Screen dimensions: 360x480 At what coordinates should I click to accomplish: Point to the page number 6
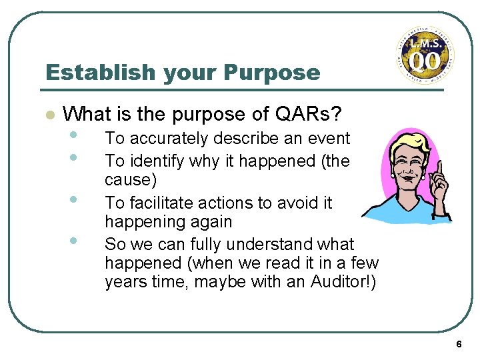pyautogui.click(x=459, y=344)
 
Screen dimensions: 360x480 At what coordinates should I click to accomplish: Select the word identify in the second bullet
pyautogui.click(x=157, y=161)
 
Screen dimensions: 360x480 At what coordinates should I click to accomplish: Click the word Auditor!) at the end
pyautogui.click(x=343, y=283)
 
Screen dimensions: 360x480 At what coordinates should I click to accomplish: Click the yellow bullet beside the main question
pyautogui.click(x=48, y=115)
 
